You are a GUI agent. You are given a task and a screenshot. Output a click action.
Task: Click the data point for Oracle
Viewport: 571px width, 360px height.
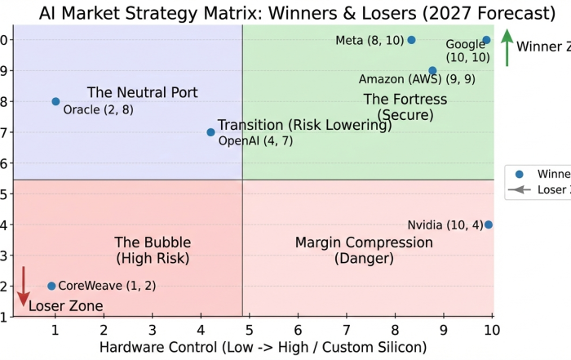pyautogui.click(x=55, y=101)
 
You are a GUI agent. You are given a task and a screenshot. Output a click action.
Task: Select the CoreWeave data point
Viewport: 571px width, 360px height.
pyautogui.click(x=51, y=286)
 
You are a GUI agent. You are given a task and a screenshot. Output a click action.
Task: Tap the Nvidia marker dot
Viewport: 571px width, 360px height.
pyautogui.click(x=488, y=224)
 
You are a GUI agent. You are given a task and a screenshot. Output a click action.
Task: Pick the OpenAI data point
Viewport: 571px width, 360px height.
pyautogui.click(x=210, y=132)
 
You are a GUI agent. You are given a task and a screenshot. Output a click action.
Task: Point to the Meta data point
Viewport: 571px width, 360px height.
pyautogui.click(x=411, y=40)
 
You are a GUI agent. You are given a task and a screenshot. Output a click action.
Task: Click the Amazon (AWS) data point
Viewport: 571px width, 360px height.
pyautogui.click(x=432, y=71)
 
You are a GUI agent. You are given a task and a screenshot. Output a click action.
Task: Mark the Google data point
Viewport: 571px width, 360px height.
pyautogui.click(x=486, y=40)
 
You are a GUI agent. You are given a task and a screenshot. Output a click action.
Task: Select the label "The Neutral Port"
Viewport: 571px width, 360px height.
pyautogui.click(x=143, y=92)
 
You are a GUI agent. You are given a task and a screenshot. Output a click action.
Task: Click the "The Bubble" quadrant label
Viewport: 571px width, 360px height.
pyautogui.click(x=153, y=242)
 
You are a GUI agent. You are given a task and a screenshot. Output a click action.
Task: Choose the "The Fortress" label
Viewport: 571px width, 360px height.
pyautogui.click(x=405, y=100)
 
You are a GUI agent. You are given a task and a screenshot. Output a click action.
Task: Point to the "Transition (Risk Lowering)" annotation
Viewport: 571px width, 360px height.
pyautogui.click(x=304, y=125)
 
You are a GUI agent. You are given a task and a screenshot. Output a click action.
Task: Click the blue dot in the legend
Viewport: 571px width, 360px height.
pyautogui.click(x=519, y=173)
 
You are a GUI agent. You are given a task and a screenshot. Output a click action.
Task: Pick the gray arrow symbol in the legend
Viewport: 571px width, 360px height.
pyautogui.click(x=519, y=189)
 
